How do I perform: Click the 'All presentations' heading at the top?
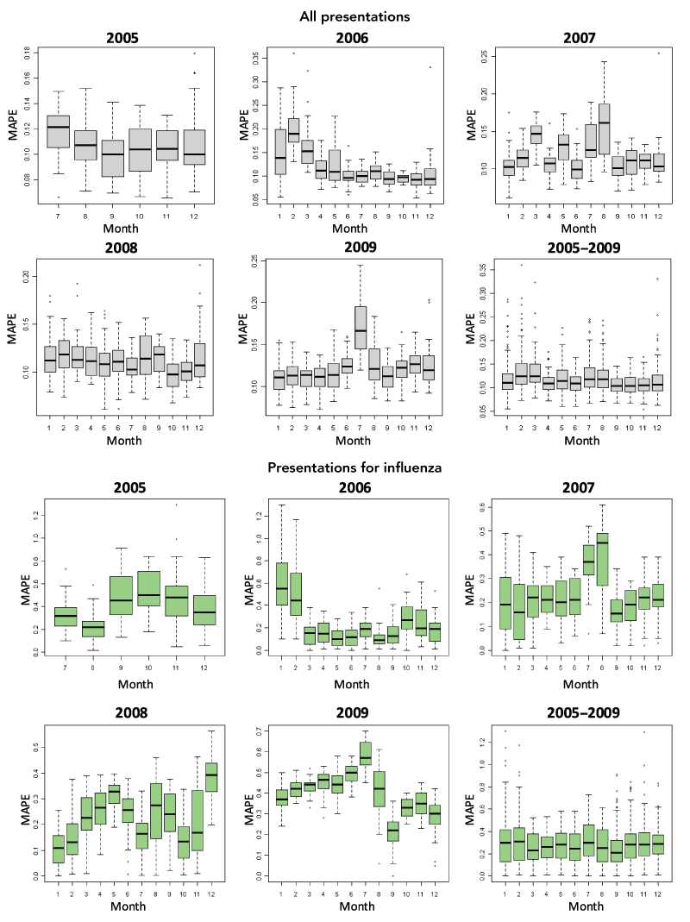point(354,16)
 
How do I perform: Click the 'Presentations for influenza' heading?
point(354,467)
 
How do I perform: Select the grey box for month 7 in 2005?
point(58,131)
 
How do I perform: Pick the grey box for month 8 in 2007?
point(603,129)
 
